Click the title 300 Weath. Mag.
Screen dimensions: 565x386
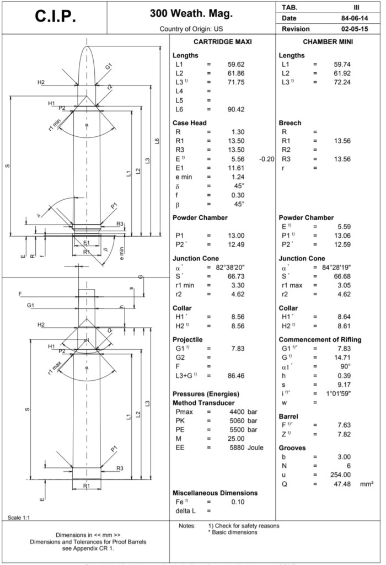(191, 13)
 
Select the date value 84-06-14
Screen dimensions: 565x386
(355, 18)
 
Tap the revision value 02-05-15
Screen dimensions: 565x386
(355, 29)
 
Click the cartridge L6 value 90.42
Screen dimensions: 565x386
(235, 110)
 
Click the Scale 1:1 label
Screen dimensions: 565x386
(20, 517)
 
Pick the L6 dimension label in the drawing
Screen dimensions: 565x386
(158, 142)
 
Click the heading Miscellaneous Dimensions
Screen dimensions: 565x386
(215, 493)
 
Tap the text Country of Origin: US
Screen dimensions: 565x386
(191, 29)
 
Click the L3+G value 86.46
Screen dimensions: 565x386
(235, 376)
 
